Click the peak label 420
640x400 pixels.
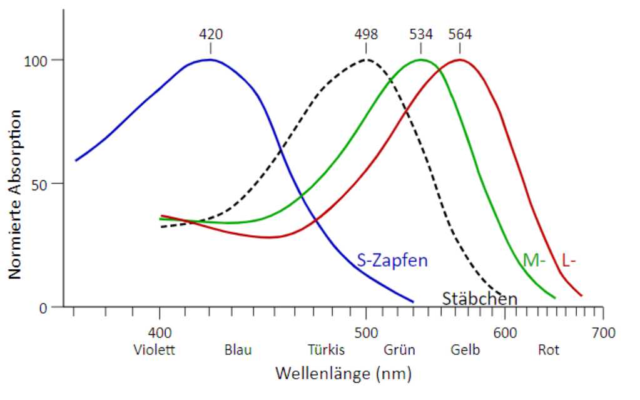210,34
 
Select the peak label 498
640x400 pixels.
366,34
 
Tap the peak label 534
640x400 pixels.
421,34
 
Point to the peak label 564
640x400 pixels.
460,34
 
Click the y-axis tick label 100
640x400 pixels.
35,61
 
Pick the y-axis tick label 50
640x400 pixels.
41,184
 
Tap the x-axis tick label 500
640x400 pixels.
366,332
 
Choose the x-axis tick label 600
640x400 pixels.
504,332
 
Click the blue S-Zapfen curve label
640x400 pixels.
392,260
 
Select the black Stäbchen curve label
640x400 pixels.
480,299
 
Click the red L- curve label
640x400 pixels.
568,260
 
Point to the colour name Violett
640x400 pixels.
155,350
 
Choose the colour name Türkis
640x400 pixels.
326,350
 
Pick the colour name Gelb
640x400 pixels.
465,350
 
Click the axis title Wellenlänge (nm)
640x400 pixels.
343,374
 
